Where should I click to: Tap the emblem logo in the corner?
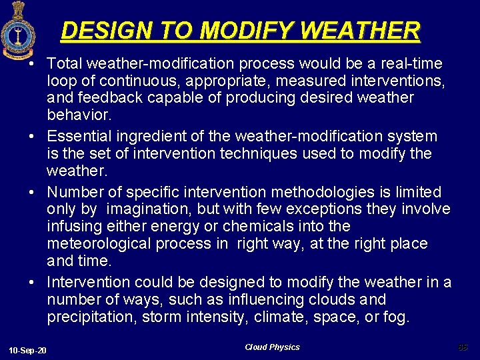pyautogui.click(x=14, y=31)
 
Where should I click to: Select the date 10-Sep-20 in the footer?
pyautogui.click(x=28, y=351)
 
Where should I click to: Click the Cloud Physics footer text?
pyautogui.click(x=272, y=347)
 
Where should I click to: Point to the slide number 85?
pyautogui.click(x=463, y=347)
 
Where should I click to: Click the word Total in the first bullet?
pyautogui.click(x=64, y=63)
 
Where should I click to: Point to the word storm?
pyautogui.click(x=161, y=317)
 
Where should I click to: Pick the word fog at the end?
pyautogui.click(x=397, y=317)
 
